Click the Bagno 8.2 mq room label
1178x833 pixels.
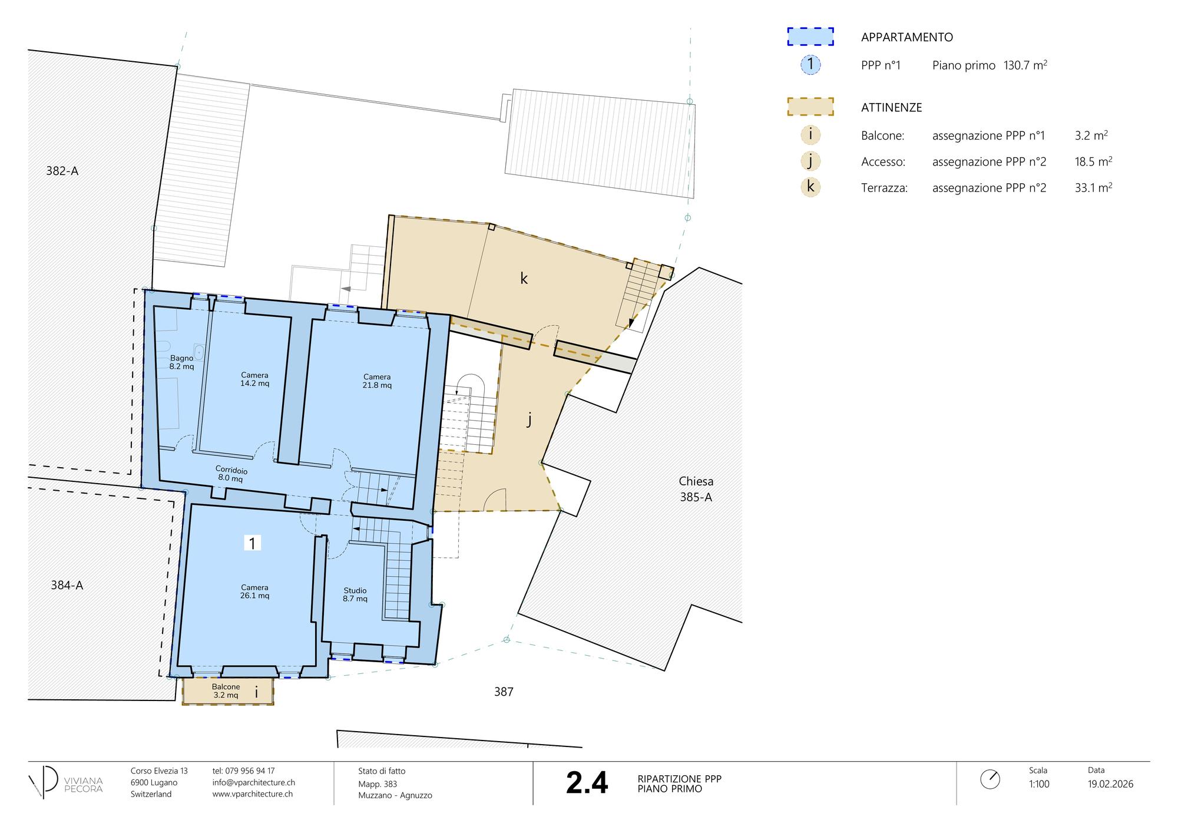(181, 362)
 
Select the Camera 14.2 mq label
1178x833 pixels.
(254, 379)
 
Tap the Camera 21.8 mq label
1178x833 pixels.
(377, 381)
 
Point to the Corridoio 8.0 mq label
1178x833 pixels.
(231, 474)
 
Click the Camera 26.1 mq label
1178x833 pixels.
(254, 591)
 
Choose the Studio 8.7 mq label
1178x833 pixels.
(355, 594)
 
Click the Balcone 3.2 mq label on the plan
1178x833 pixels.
(226, 691)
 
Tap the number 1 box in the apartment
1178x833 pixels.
(252, 543)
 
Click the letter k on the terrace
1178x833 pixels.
(524, 279)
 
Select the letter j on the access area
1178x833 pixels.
(529, 419)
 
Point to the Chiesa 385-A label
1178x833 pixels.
(696, 489)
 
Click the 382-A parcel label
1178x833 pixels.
(62, 171)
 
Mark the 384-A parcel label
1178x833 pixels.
(67, 585)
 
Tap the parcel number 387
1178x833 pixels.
(504, 692)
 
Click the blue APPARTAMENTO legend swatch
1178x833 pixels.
(810, 37)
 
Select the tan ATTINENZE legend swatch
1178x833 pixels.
(810, 107)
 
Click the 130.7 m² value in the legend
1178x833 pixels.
(1025, 65)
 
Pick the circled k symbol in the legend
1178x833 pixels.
(810, 187)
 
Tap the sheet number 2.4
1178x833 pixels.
(587, 783)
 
